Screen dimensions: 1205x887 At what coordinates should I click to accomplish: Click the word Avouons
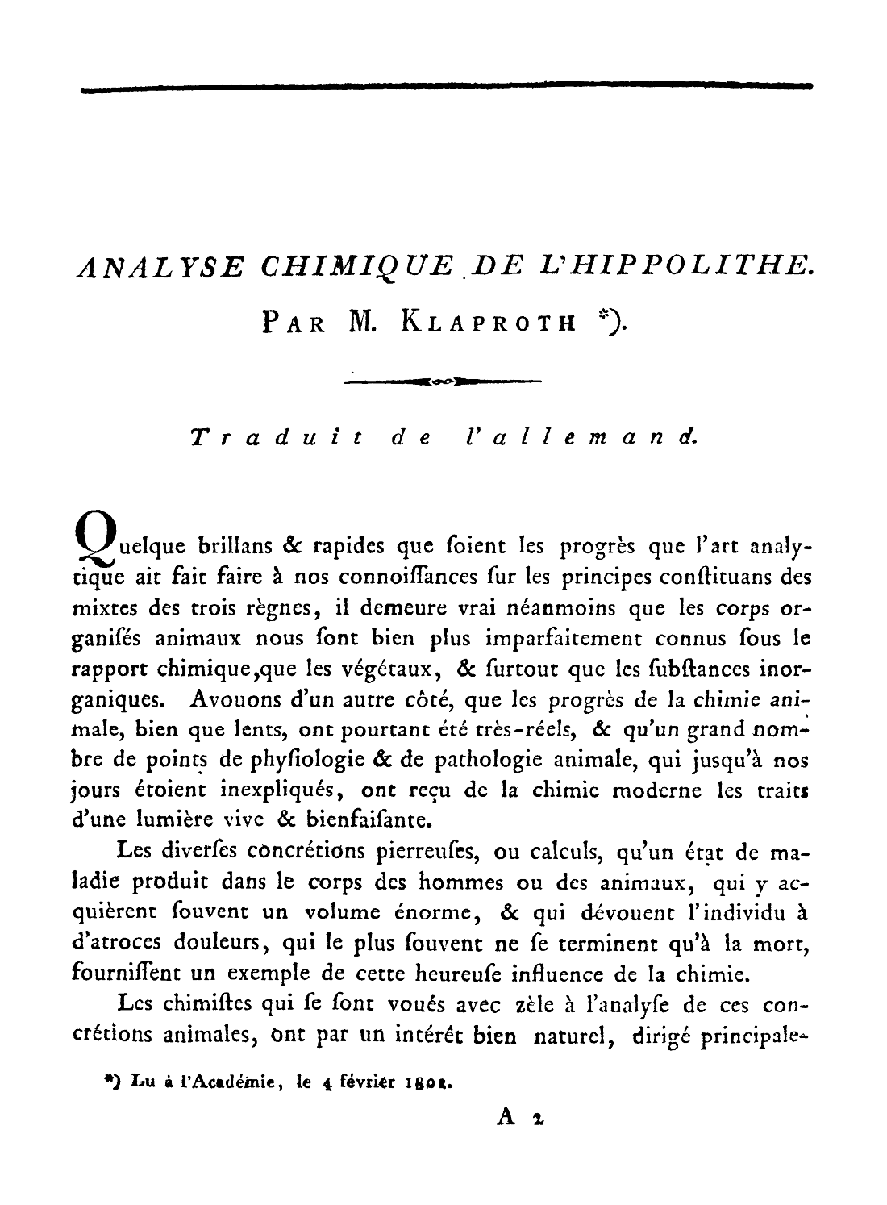(x=232, y=700)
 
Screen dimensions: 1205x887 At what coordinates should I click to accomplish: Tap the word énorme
(x=431, y=913)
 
